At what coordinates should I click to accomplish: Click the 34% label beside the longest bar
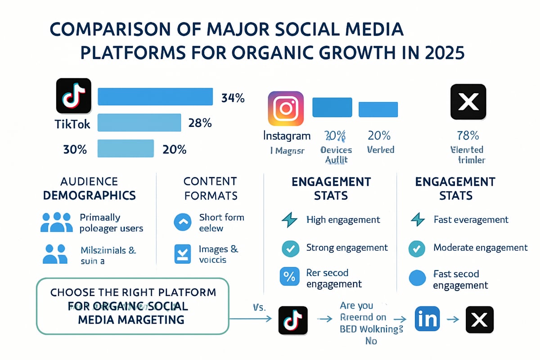(x=233, y=98)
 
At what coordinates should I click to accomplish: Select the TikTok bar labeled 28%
(x=139, y=122)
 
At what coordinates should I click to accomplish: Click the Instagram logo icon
(x=286, y=108)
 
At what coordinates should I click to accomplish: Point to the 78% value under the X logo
(x=468, y=135)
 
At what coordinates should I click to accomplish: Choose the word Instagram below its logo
(x=287, y=135)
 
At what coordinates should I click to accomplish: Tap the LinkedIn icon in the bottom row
(x=427, y=319)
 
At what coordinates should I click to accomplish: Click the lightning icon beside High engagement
(x=289, y=220)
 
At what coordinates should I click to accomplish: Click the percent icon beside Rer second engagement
(x=289, y=277)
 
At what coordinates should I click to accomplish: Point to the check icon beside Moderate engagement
(x=417, y=248)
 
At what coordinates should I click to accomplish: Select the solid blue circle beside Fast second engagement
(x=417, y=279)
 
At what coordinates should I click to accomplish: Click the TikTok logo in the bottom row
(x=293, y=320)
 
